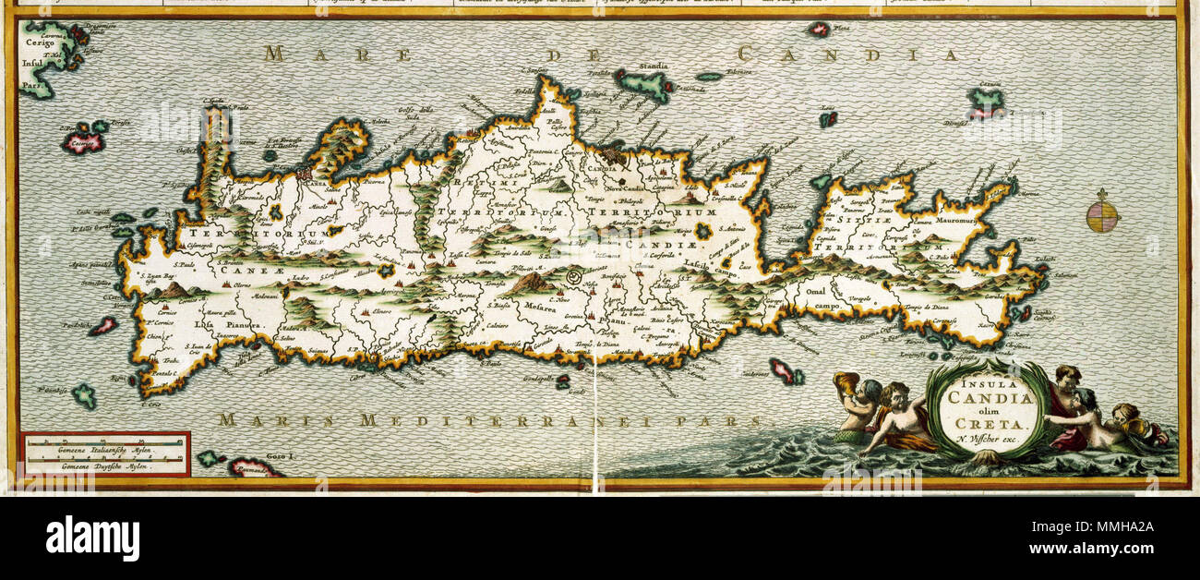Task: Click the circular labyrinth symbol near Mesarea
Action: tap(573, 276)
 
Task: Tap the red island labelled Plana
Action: tap(818, 30)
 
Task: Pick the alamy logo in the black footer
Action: tap(92, 538)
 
